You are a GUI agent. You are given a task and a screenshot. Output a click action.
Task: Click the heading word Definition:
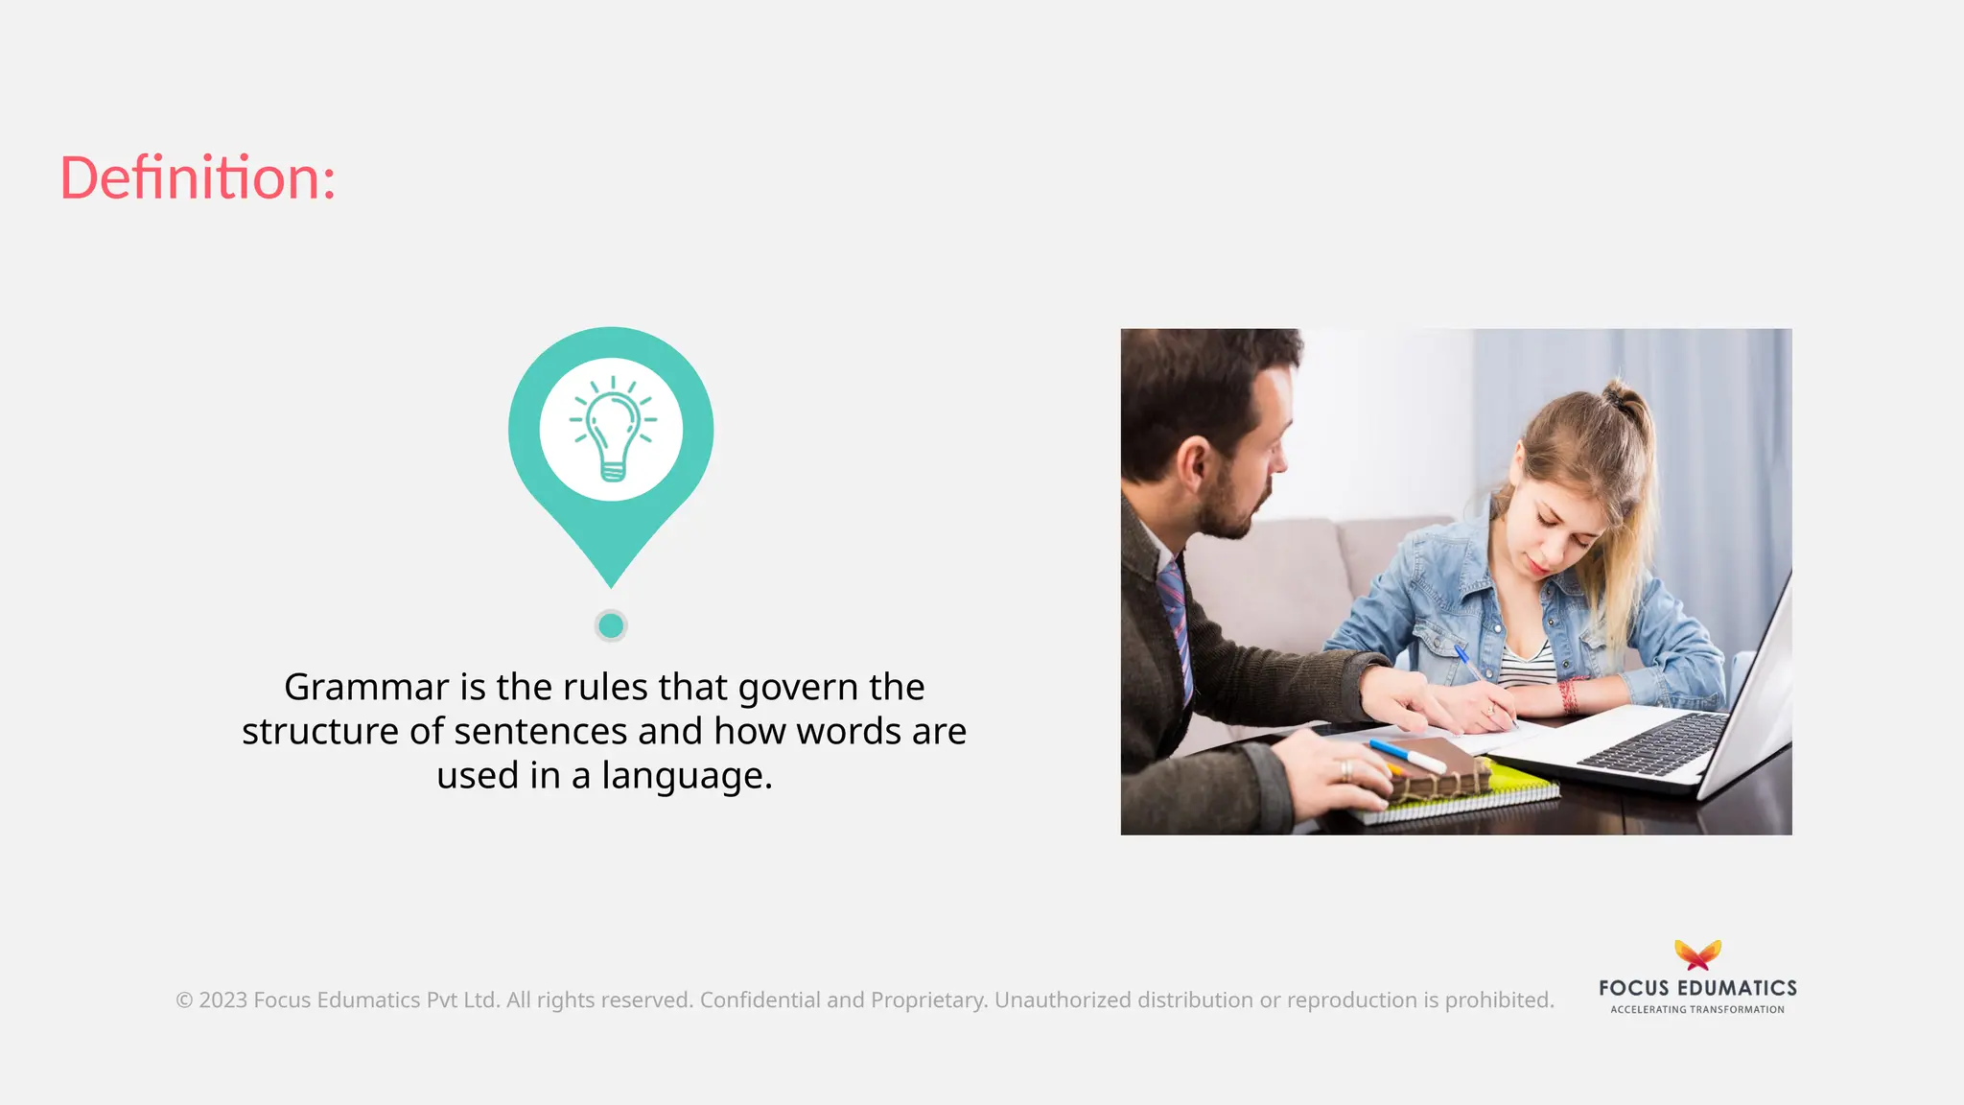pyautogui.click(x=198, y=178)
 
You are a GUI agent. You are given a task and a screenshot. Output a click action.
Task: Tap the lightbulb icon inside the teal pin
pyautogui.click(x=612, y=429)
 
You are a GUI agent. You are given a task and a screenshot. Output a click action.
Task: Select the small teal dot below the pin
pyautogui.click(x=611, y=626)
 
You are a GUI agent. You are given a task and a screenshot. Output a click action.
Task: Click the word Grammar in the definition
pyautogui.click(x=366, y=687)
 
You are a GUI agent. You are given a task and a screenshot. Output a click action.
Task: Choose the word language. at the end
pyautogui.click(x=687, y=775)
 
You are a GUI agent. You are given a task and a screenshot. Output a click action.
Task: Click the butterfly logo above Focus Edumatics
pyautogui.click(x=1697, y=955)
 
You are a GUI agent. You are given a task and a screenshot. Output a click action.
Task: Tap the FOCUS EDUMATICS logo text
pyautogui.click(x=1697, y=988)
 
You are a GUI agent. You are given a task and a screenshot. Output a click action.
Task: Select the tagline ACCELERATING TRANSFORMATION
pyautogui.click(x=1697, y=1010)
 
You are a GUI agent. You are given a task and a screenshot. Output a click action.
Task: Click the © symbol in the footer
pyautogui.click(x=184, y=1000)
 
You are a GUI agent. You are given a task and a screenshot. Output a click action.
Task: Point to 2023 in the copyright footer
pyautogui.click(x=223, y=1000)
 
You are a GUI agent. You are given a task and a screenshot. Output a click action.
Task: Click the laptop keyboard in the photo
pyautogui.click(x=1654, y=743)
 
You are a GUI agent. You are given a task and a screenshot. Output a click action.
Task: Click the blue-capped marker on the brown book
pyautogui.click(x=1406, y=755)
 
